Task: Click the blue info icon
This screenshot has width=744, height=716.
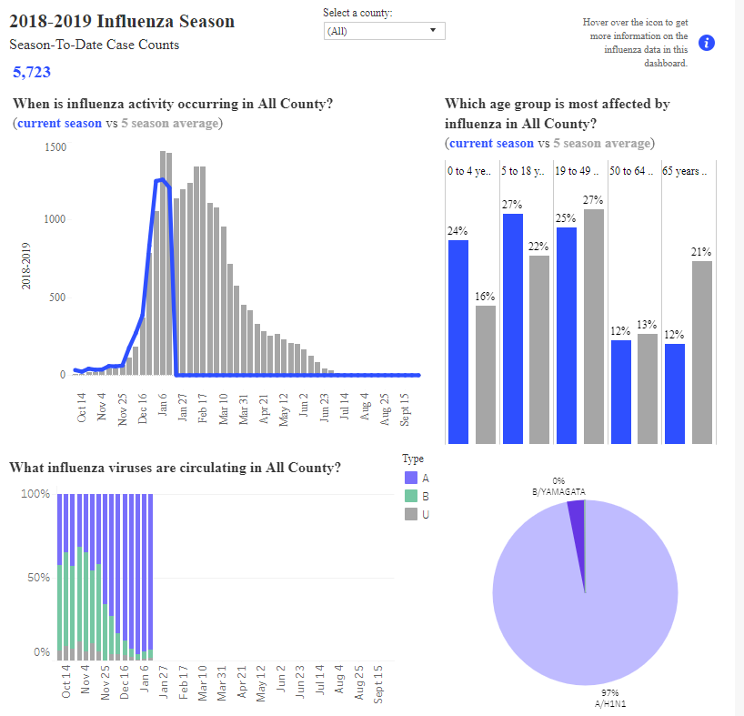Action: pos(707,43)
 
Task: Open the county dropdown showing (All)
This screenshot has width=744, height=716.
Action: pos(385,31)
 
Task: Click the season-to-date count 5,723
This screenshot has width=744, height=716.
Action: pos(31,72)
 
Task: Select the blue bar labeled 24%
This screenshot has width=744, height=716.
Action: pos(458,342)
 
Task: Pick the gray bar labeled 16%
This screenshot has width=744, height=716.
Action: pos(486,374)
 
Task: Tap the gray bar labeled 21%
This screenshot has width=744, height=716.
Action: pos(702,352)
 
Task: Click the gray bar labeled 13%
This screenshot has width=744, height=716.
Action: pos(648,388)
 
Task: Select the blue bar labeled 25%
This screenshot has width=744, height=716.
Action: pos(567,336)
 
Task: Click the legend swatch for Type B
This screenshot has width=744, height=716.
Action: pos(411,496)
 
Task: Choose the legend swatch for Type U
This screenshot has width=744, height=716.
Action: pos(411,514)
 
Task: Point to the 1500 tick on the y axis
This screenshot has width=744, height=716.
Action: pos(55,147)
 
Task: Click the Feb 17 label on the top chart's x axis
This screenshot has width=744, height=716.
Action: pos(203,408)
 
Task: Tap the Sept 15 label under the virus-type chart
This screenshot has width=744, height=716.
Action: pos(378,684)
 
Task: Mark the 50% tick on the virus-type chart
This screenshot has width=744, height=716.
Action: pos(38,578)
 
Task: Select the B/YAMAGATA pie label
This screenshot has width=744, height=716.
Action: pos(558,491)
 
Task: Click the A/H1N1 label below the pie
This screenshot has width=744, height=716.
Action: pos(610,703)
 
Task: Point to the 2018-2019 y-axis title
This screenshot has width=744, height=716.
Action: pos(25,266)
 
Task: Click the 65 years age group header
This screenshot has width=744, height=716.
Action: pos(684,171)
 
